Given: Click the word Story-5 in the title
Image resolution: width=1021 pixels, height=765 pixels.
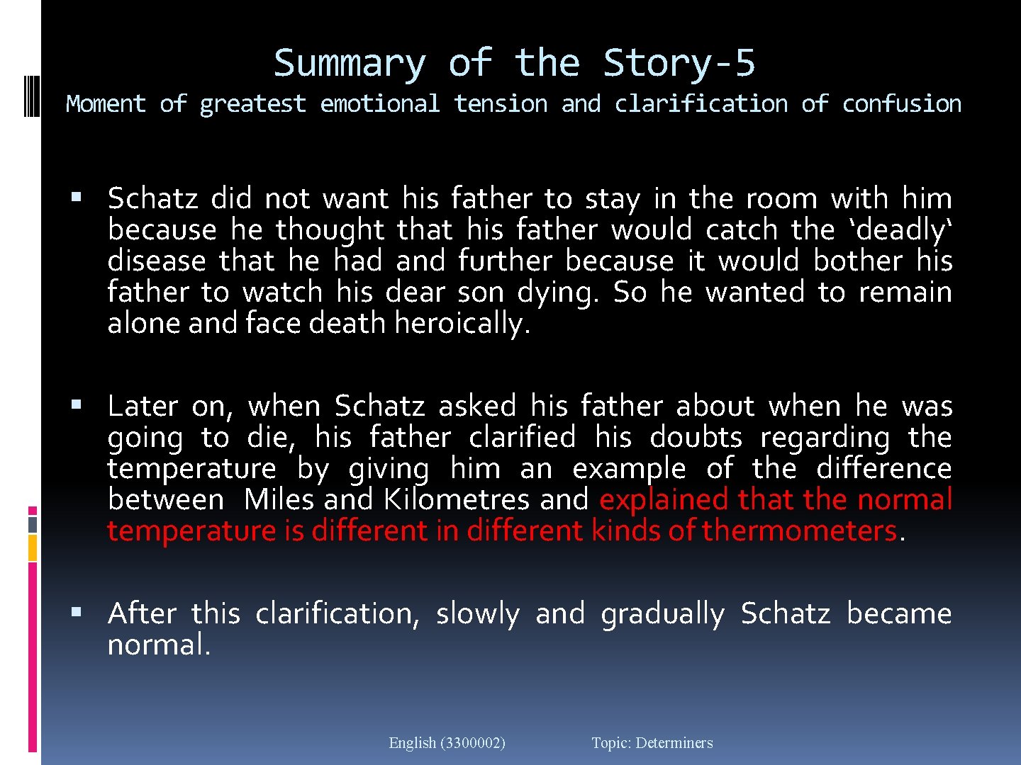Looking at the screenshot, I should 679,64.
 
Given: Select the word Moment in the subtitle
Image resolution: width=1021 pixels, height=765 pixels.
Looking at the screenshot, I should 106,104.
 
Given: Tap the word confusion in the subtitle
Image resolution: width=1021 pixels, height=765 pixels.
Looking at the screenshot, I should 901,104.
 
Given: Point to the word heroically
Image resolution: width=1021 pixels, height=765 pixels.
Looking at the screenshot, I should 462,324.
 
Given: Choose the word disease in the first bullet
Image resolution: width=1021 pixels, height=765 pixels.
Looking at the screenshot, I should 157,261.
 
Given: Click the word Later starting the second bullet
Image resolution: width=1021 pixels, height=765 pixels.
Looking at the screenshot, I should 143,407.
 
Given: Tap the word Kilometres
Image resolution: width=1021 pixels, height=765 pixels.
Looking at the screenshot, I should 456,500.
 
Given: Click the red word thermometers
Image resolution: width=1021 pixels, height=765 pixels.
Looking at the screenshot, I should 800,531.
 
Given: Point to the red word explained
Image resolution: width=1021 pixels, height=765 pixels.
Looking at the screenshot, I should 664,500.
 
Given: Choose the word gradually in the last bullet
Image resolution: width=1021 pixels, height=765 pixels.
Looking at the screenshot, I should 662,614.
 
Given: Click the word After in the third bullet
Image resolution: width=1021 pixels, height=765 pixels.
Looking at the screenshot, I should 142,613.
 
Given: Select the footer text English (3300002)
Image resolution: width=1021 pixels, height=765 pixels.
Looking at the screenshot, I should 447,743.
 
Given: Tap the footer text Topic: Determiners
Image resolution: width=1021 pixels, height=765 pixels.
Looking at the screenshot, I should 652,743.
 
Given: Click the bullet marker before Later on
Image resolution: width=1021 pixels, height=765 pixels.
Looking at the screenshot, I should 77,405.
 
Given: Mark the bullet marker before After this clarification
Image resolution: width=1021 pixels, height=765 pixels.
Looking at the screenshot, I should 77,612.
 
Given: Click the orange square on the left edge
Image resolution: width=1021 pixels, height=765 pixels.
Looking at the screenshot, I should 33,548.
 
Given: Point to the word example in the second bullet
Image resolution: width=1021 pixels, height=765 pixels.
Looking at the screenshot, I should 629,469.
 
